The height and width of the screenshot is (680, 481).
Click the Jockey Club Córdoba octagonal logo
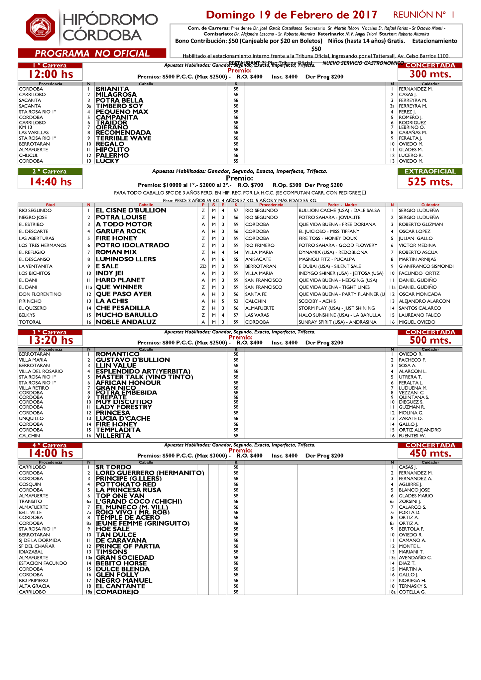(x=40, y=27)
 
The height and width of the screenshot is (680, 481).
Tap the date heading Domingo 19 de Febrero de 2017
(x=292, y=15)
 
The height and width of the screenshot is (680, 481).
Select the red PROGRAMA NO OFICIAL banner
(x=92, y=53)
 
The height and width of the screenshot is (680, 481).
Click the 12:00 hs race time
(x=51, y=74)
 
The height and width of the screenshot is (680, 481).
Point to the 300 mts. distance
(x=430, y=74)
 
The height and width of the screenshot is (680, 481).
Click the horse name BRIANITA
(x=112, y=89)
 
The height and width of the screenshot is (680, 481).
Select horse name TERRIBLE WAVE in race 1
(x=123, y=138)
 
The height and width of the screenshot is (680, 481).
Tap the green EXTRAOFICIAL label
(x=430, y=171)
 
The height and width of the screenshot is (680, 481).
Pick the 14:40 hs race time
(x=51, y=182)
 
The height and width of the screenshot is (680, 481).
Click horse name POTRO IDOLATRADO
(x=132, y=245)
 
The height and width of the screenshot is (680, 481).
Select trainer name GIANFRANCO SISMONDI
(x=426, y=266)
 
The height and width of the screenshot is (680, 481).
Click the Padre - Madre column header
(x=342, y=205)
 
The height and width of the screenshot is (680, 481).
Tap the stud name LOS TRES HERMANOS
(x=43, y=245)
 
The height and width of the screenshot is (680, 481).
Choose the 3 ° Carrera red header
(x=50, y=332)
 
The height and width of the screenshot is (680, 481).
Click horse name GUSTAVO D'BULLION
(x=133, y=360)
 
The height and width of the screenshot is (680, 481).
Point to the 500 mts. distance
(x=430, y=340)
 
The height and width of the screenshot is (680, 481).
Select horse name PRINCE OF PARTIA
(x=128, y=546)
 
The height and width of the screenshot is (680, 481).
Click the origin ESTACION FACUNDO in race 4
(x=43, y=563)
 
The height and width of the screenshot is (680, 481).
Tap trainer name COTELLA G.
(x=412, y=592)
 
